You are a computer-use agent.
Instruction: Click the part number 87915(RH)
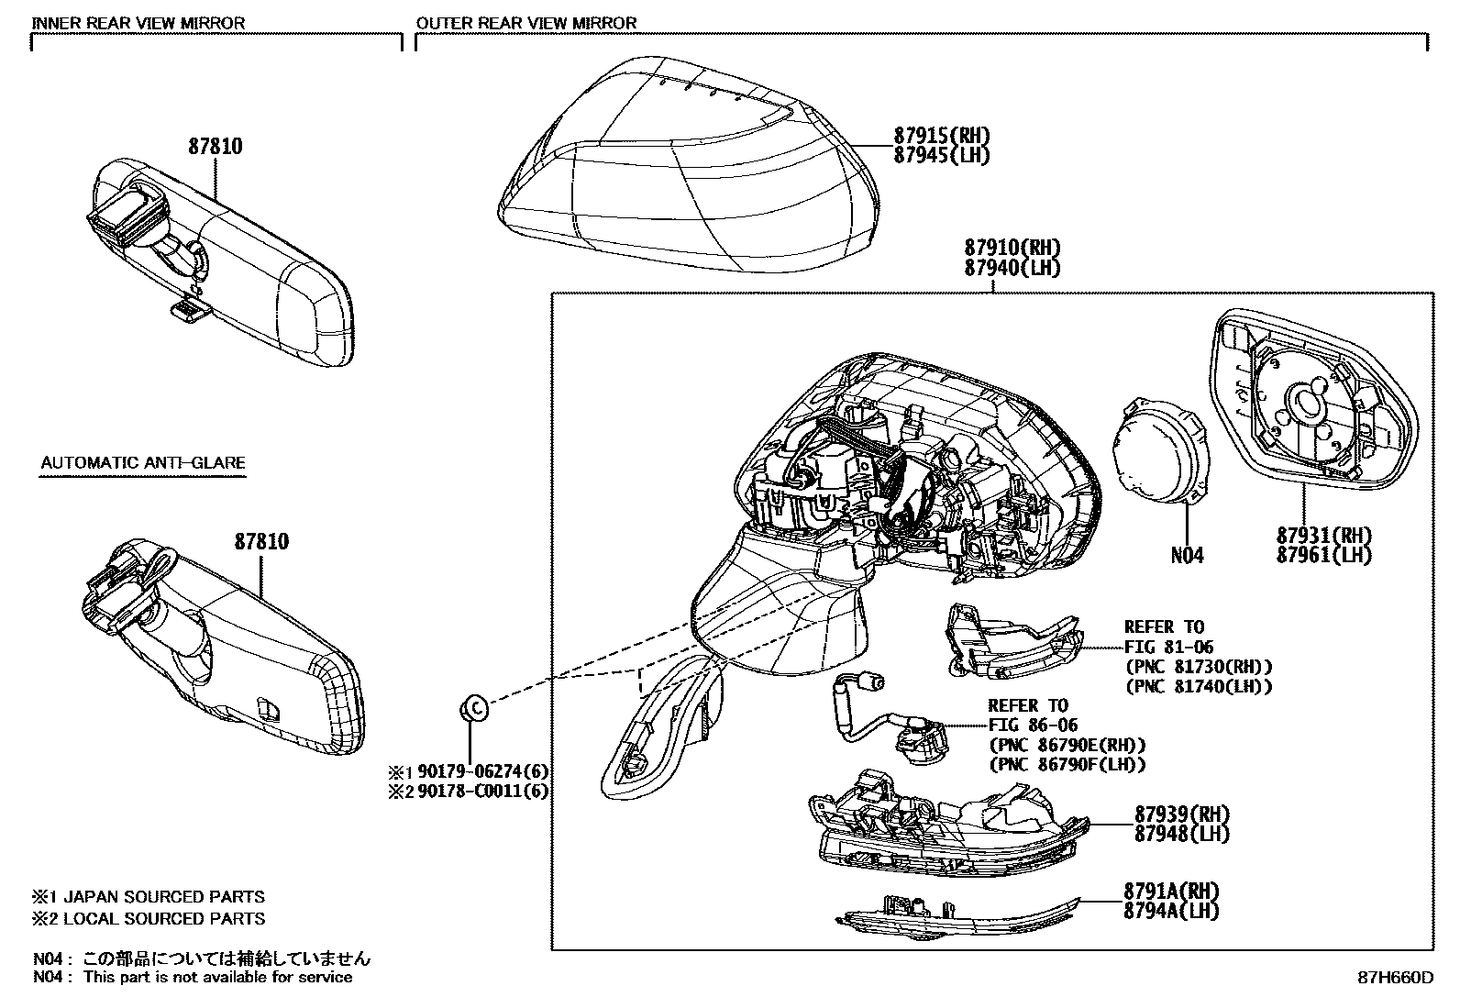(x=942, y=136)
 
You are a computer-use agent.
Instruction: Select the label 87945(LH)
(x=942, y=155)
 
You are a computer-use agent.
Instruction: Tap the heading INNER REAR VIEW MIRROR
(x=138, y=23)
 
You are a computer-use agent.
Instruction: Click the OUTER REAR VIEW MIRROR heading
(x=525, y=23)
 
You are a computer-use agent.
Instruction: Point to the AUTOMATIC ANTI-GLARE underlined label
(x=143, y=463)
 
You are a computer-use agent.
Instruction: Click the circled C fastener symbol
(x=473, y=707)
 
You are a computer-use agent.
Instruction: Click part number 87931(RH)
(x=1323, y=536)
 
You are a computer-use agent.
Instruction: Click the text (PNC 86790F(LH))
(x=1067, y=764)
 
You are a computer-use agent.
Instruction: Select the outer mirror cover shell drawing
(x=688, y=165)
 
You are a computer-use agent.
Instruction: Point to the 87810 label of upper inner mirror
(x=216, y=146)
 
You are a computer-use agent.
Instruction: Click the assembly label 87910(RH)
(x=1012, y=248)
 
